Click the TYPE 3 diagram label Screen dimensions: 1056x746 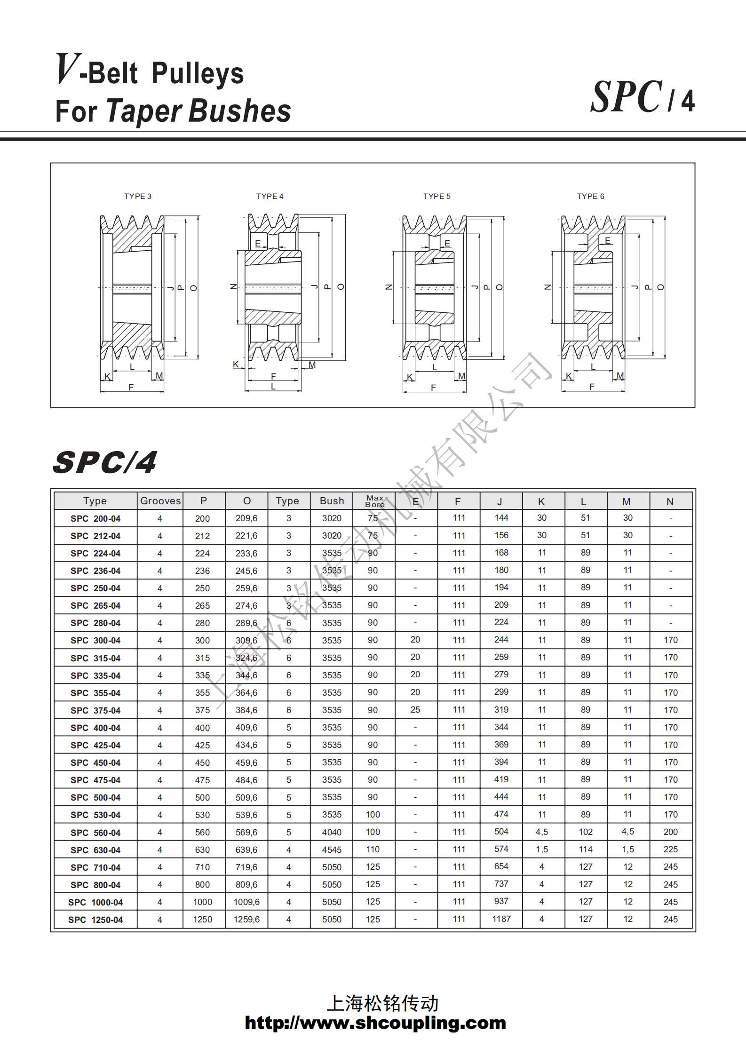(x=137, y=196)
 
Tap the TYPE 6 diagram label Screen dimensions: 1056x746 (x=590, y=196)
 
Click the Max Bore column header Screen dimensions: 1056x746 (x=374, y=501)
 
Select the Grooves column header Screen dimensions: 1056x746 (x=160, y=501)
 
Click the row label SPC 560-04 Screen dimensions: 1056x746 (x=95, y=833)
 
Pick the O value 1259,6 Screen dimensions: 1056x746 (x=246, y=919)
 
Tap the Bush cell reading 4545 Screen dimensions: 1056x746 (x=332, y=850)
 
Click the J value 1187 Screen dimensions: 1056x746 (x=501, y=919)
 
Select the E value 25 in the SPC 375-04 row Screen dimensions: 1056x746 (x=415, y=710)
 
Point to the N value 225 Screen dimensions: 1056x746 (x=670, y=850)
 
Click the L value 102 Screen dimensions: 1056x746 (x=585, y=832)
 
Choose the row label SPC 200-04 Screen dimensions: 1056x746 (x=95, y=518)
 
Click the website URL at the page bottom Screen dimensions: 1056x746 (x=375, y=1023)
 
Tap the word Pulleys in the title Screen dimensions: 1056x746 (x=198, y=73)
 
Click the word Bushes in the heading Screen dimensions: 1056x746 (x=240, y=111)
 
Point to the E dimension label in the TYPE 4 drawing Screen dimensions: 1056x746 (x=258, y=243)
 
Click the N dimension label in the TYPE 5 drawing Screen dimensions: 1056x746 (x=389, y=287)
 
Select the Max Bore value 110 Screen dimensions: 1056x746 (x=373, y=850)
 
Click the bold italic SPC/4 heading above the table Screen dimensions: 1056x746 (x=105, y=462)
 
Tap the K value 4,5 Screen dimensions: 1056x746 (x=541, y=832)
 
